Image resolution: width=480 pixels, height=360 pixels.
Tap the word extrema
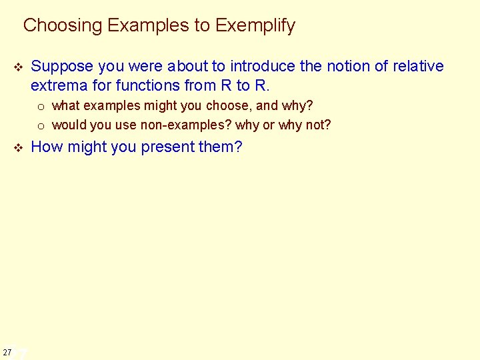pyautogui.click(x=57, y=85)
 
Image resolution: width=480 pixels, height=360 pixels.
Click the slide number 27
pyautogui.click(x=7, y=351)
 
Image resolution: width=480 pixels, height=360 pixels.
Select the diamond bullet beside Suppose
pyautogui.click(x=18, y=67)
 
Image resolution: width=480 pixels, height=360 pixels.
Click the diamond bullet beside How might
pyautogui.click(x=18, y=148)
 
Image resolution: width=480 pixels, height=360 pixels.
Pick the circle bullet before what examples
pyautogui.click(x=41, y=107)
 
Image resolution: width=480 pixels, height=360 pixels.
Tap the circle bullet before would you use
pyautogui.click(x=41, y=125)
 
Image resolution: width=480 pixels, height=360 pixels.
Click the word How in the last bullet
pyautogui.click(x=45, y=147)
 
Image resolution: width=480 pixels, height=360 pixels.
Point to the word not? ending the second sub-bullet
pyautogui.click(x=318, y=125)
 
